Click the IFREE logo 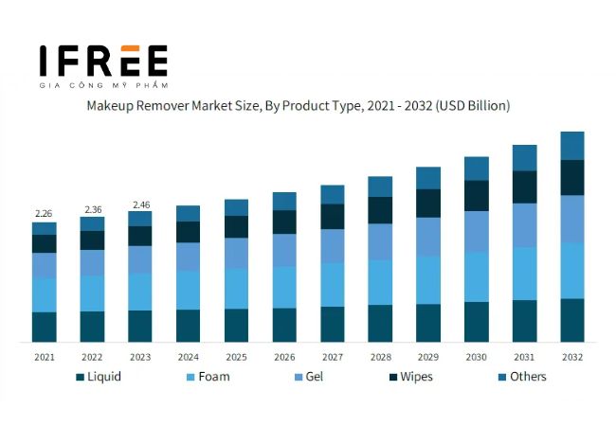tap(103, 60)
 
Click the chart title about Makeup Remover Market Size tap(299, 106)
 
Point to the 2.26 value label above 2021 tap(44, 213)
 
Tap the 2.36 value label tap(92, 209)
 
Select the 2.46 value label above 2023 tap(140, 204)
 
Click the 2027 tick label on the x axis tap(332, 357)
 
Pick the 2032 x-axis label tap(571, 357)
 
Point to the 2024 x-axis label tap(188, 357)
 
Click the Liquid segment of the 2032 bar tap(571, 320)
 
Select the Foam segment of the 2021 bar tap(44, 294)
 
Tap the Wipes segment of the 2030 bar tap(476, 195)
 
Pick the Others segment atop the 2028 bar tap(380, 186)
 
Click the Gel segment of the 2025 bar tap(236, 253)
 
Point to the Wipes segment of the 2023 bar tap(140, 236)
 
